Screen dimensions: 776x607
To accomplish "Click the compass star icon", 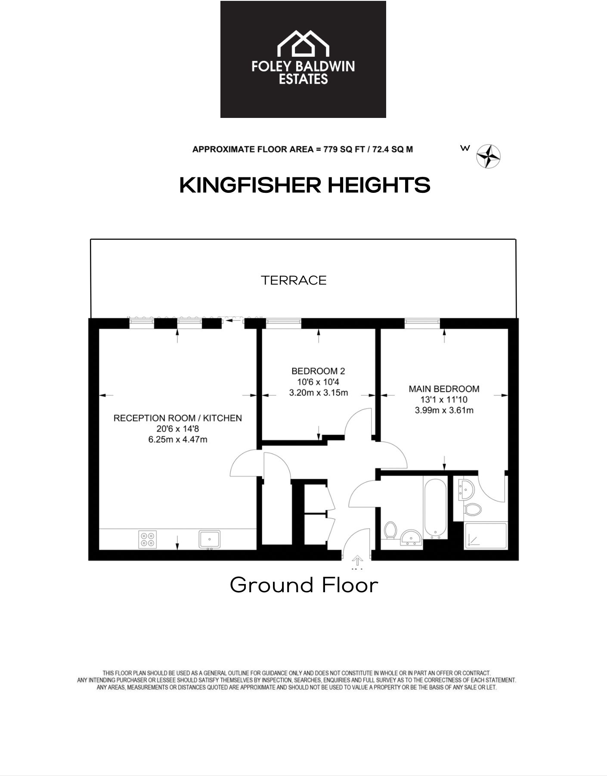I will pos(488,156).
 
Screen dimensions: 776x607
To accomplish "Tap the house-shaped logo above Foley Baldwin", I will pos(303,43).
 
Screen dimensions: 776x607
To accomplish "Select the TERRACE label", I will pos(294,281).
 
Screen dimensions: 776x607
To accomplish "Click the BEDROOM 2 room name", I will pos(318,371).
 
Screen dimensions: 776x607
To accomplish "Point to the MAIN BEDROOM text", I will pos(444,389).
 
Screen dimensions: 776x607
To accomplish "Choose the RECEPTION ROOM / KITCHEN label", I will pos(177,418).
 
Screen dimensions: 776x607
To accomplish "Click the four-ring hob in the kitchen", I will pos(147,539).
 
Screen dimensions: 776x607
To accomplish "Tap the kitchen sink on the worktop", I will pos(210,539).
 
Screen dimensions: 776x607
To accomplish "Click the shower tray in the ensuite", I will pos(485,535).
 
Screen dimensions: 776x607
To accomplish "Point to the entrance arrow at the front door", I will pos(357,561).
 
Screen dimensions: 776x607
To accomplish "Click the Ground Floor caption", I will pos(304,585).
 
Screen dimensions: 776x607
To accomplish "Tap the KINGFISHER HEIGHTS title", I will pos(304,185).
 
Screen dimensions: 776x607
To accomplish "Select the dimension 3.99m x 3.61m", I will pos(444,411).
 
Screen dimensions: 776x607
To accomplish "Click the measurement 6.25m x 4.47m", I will pos(177,439).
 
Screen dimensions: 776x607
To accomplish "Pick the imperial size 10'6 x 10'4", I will pos(318,382).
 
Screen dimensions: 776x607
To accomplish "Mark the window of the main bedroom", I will pos(422,322).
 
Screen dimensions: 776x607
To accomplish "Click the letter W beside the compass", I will pos(465,148).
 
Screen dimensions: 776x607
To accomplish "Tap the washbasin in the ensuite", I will pos(466,489).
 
